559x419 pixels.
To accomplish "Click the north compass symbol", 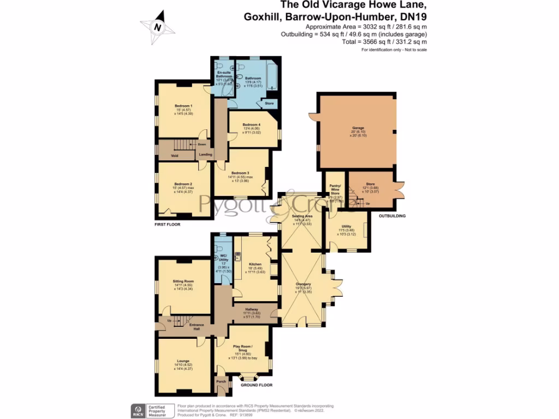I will (157, 26).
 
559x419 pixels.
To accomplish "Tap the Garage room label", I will (358, 128).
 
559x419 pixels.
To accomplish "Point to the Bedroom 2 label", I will (183, 184).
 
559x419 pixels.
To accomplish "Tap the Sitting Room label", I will (183, 282).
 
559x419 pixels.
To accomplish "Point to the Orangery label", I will (303, 284).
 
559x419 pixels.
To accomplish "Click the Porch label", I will (221, 381).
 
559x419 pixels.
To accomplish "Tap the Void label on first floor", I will (175, 155).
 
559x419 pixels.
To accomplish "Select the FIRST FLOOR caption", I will (167, 224).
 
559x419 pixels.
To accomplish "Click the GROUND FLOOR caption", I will (257, 385).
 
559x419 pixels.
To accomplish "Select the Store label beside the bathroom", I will (269, 103).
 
